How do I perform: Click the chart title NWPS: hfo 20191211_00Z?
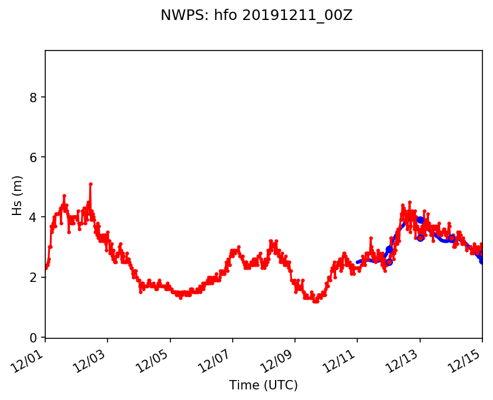click(x=256, y=16)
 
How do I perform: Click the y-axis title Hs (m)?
click(x=18, y=195)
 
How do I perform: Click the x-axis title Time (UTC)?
click(x=263, y=385)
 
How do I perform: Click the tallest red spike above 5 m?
click(x=90, y=184)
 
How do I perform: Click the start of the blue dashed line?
click(x=357, y=262)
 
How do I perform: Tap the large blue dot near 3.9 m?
click(x=420, y=220)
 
